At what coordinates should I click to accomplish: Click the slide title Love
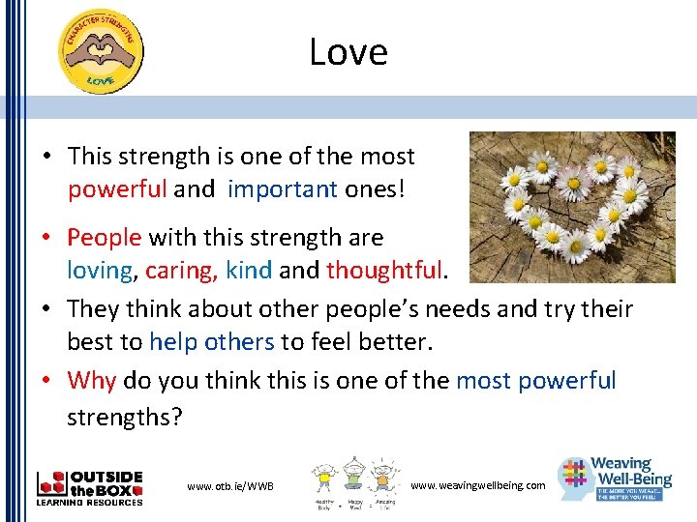(348, 52)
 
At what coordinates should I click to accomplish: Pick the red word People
(105, 237)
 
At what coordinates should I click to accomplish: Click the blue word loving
(100, 270)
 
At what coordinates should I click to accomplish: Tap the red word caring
(181, 270)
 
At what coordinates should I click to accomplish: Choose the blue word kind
(248, 270)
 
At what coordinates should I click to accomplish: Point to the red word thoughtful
(383, 270)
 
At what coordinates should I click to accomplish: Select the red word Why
(92, 380)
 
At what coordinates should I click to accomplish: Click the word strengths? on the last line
(123, 418)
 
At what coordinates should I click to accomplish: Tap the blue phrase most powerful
(535, 380)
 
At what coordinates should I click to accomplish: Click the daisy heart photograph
(571, 207)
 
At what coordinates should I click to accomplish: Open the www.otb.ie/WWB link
(230, 485)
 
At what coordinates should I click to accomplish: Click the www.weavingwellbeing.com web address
(478, 484)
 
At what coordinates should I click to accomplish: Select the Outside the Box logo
(89, 487)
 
